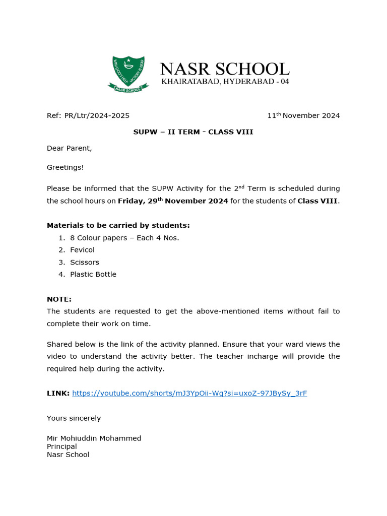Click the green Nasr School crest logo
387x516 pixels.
pyautogui.click(x=128, y=74)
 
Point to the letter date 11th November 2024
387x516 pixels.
pyautogui.click(x=303, y=115)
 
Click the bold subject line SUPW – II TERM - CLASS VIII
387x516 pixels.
pyautogui.click(x=193, y=132)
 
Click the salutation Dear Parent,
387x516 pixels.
pyautogui.click(x=70, y=148)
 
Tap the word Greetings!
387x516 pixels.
pyautogui.click(x=66, y=167)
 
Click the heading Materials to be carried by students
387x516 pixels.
pyautogui.click(x=118, y=225)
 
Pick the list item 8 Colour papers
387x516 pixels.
pyautogui.click(x=124, y=238)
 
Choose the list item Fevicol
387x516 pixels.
pyautogui.click(x=82, y=250)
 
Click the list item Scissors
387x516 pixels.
pyautogui.click(x=85, y=262)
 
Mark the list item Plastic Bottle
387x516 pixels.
pyautogui.click(x=93, y=274)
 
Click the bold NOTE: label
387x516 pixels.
pyautogui.click(x=59, y=299)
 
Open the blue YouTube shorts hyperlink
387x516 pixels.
pyautogui.click(x=189, y=393)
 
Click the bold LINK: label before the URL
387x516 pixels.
pyautogui.click(x=58, y=393)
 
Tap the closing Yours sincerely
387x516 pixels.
pyautogui.click(x=74, y=418)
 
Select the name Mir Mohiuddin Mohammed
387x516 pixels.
pyautogui.click(x=94, y=438)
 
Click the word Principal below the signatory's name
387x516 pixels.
pyautogui.click(x=62, y=446)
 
